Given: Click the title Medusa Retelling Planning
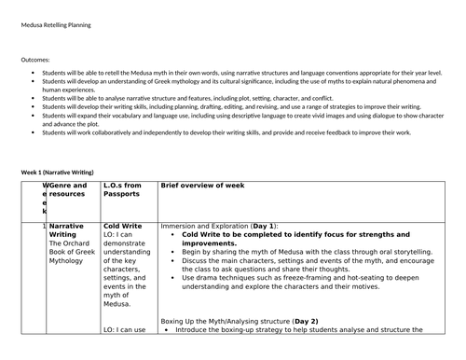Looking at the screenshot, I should (60, 26).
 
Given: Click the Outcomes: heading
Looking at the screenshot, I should (36, 59).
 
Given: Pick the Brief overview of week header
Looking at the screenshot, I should (202, 186).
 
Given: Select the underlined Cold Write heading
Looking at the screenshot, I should (122, 226).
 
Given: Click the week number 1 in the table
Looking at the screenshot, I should (44, 226).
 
